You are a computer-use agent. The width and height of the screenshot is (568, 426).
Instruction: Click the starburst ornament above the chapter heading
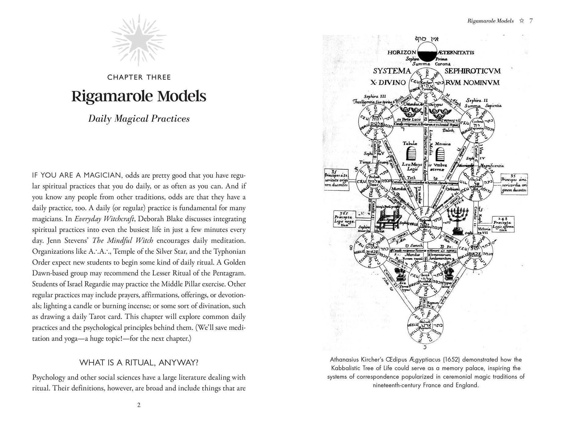click(x=139, y=40)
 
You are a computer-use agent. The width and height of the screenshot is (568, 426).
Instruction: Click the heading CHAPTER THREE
click(x=139, y=78)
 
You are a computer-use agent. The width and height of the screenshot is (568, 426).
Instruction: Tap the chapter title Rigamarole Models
click(x=139, y=96)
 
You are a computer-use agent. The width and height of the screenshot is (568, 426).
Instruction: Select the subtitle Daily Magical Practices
click(x=139, y=119)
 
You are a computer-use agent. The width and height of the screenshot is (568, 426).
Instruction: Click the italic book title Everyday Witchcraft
click(x=104, y=219)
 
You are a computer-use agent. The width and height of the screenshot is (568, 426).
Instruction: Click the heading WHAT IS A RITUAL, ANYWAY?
click(x=139, y=363)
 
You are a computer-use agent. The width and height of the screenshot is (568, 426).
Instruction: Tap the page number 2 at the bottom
click(x=139, y=405)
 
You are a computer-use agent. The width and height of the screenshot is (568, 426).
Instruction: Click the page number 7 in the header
click(x=531, y=21)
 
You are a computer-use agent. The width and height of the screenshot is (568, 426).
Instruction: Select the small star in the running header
click(x=522, y=21)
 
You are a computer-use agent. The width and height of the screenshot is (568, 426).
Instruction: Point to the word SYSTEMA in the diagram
click(x=392, y=71)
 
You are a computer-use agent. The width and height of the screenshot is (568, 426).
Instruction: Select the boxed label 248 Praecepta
click(x=503, y=224)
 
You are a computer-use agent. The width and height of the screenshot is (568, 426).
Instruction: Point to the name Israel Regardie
click(x=86, y=284)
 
